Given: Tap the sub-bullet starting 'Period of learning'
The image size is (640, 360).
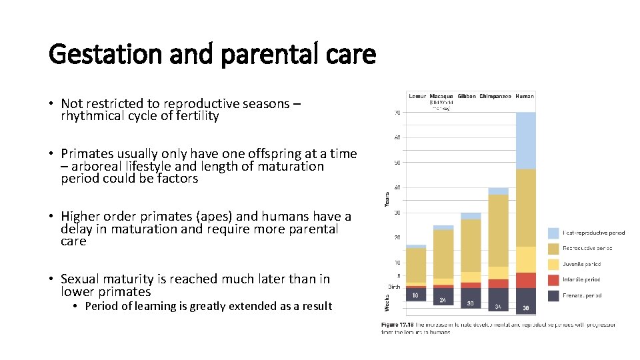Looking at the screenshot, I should (208, 306).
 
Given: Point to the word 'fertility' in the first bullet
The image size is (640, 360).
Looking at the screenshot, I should (194, 116).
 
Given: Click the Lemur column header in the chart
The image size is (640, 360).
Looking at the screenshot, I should (417, 96).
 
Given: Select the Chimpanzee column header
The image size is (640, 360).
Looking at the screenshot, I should (495, 96).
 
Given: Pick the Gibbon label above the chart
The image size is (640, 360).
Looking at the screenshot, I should (466, 96).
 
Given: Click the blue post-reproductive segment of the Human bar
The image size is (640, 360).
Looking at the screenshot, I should (525, 140).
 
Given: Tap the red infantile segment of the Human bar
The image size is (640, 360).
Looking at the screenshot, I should (525, 280).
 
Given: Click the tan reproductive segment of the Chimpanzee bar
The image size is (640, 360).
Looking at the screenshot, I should (498, 230).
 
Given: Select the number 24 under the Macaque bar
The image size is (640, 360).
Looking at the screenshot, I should (443, 301).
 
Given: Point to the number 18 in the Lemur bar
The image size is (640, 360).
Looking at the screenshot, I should (415, 295).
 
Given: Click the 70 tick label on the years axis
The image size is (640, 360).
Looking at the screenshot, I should (397, 113).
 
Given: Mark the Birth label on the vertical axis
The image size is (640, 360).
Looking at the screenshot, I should (395, 287).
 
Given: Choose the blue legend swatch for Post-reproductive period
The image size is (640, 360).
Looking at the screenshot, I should (553, 233).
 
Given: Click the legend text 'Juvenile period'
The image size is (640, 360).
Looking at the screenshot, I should (582, 264).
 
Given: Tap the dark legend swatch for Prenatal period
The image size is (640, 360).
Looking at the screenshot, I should (553, 295).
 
